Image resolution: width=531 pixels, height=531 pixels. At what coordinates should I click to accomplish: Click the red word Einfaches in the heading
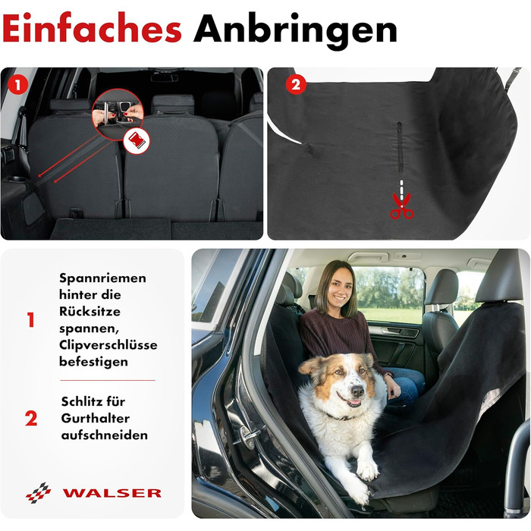tap(92, 28)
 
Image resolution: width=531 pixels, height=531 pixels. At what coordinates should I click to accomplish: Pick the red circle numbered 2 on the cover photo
tap(296, 84)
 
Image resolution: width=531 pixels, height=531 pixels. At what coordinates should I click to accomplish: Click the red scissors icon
tap(401, 206)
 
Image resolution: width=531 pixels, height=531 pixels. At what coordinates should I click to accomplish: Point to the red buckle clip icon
tap(137, 142)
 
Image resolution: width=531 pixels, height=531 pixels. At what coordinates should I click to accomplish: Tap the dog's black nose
tap(357, 391)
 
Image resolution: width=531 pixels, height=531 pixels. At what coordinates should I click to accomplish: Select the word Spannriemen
tap(103, 278)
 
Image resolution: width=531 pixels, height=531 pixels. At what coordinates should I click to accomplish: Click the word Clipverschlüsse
tap(108, 344)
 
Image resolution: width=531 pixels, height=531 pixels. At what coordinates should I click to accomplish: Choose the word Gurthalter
tap(95, 418)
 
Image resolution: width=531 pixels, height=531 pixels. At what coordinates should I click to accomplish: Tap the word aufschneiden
tap(105, 435)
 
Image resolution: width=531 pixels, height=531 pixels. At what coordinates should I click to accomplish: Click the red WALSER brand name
tap(112, 493)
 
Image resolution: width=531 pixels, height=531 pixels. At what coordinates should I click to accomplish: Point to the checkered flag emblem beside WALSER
tap(38, 493)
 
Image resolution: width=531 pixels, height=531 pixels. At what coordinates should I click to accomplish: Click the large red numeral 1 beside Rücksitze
tap(31, 320)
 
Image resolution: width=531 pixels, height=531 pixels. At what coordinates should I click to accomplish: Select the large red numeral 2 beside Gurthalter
tap(31, 419)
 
